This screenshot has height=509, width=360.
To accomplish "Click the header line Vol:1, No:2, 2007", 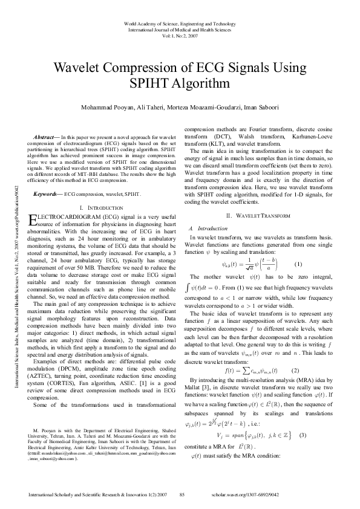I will point(180,34).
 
